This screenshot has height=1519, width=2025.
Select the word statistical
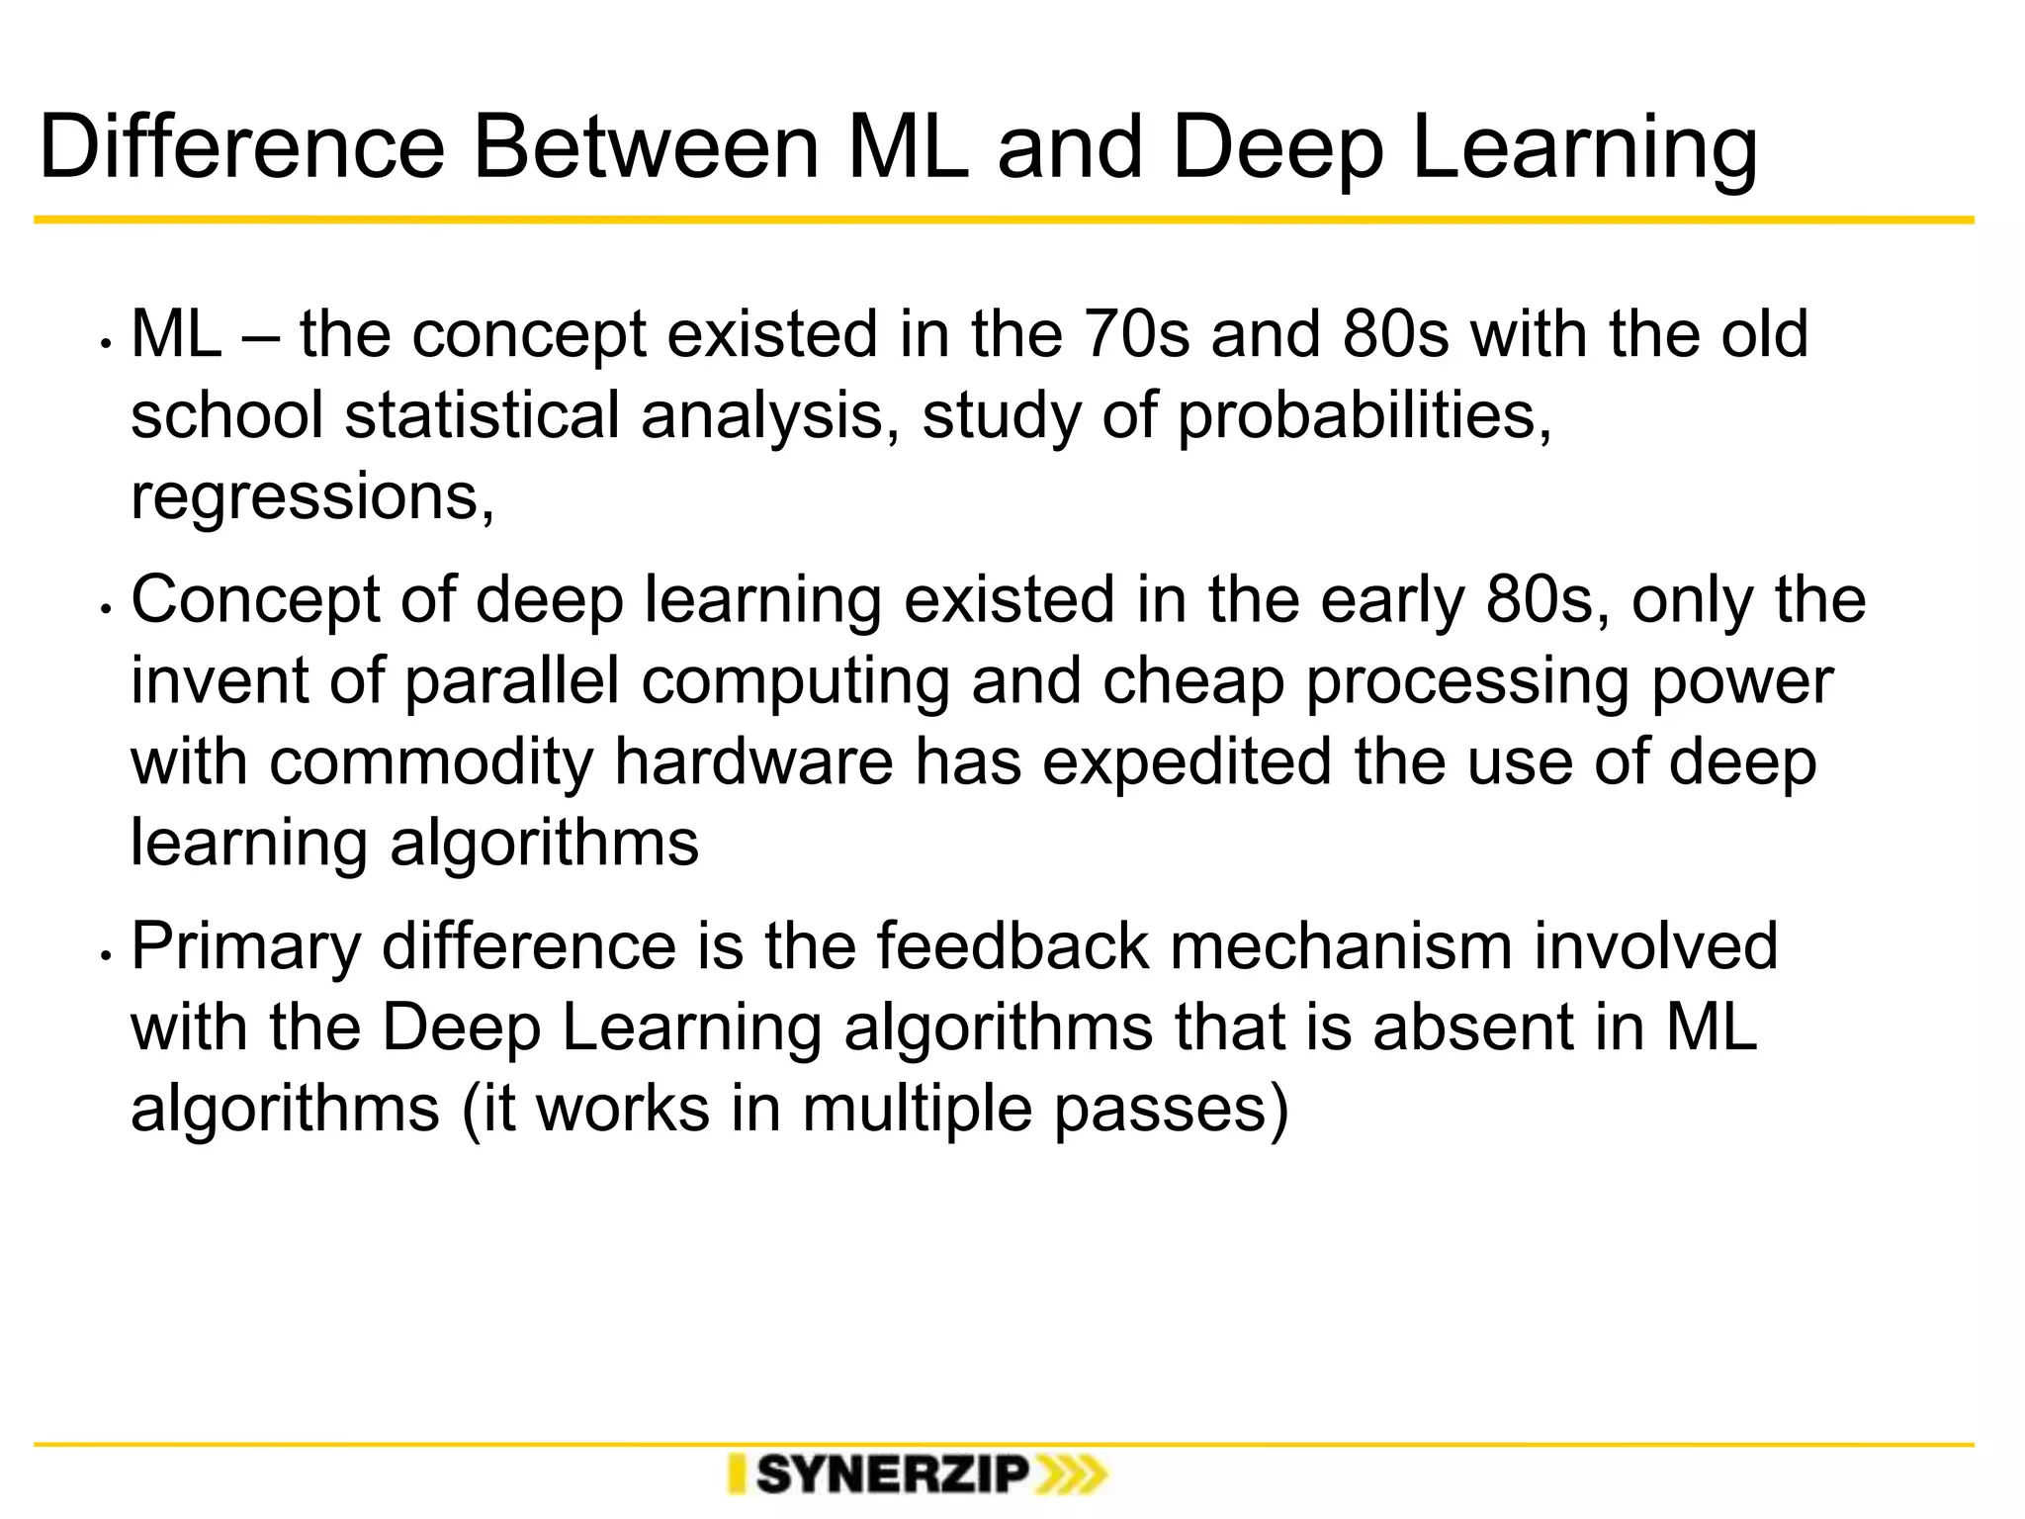482,415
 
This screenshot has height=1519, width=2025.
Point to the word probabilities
1365,417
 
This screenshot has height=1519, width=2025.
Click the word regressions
312,498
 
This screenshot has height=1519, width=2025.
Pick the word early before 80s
1392,602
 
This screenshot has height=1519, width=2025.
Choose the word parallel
512,682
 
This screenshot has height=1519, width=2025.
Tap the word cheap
1192,684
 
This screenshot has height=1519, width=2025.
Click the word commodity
431,764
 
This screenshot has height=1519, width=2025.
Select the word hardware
753,763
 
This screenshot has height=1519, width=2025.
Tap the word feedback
1012,946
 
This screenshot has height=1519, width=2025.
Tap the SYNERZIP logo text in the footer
892,1475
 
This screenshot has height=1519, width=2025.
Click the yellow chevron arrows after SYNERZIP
1071,1475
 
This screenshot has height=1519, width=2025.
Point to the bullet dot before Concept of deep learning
104,609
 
